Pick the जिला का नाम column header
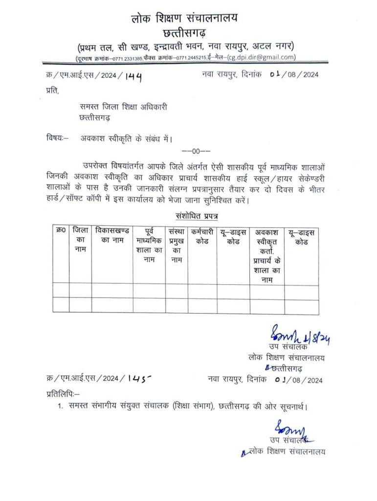(x=80, y=239)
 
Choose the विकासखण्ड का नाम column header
(x=112, y=234)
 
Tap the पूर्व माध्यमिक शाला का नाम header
(x=149, y=244)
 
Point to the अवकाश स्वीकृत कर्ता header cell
(x=266, y=254)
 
